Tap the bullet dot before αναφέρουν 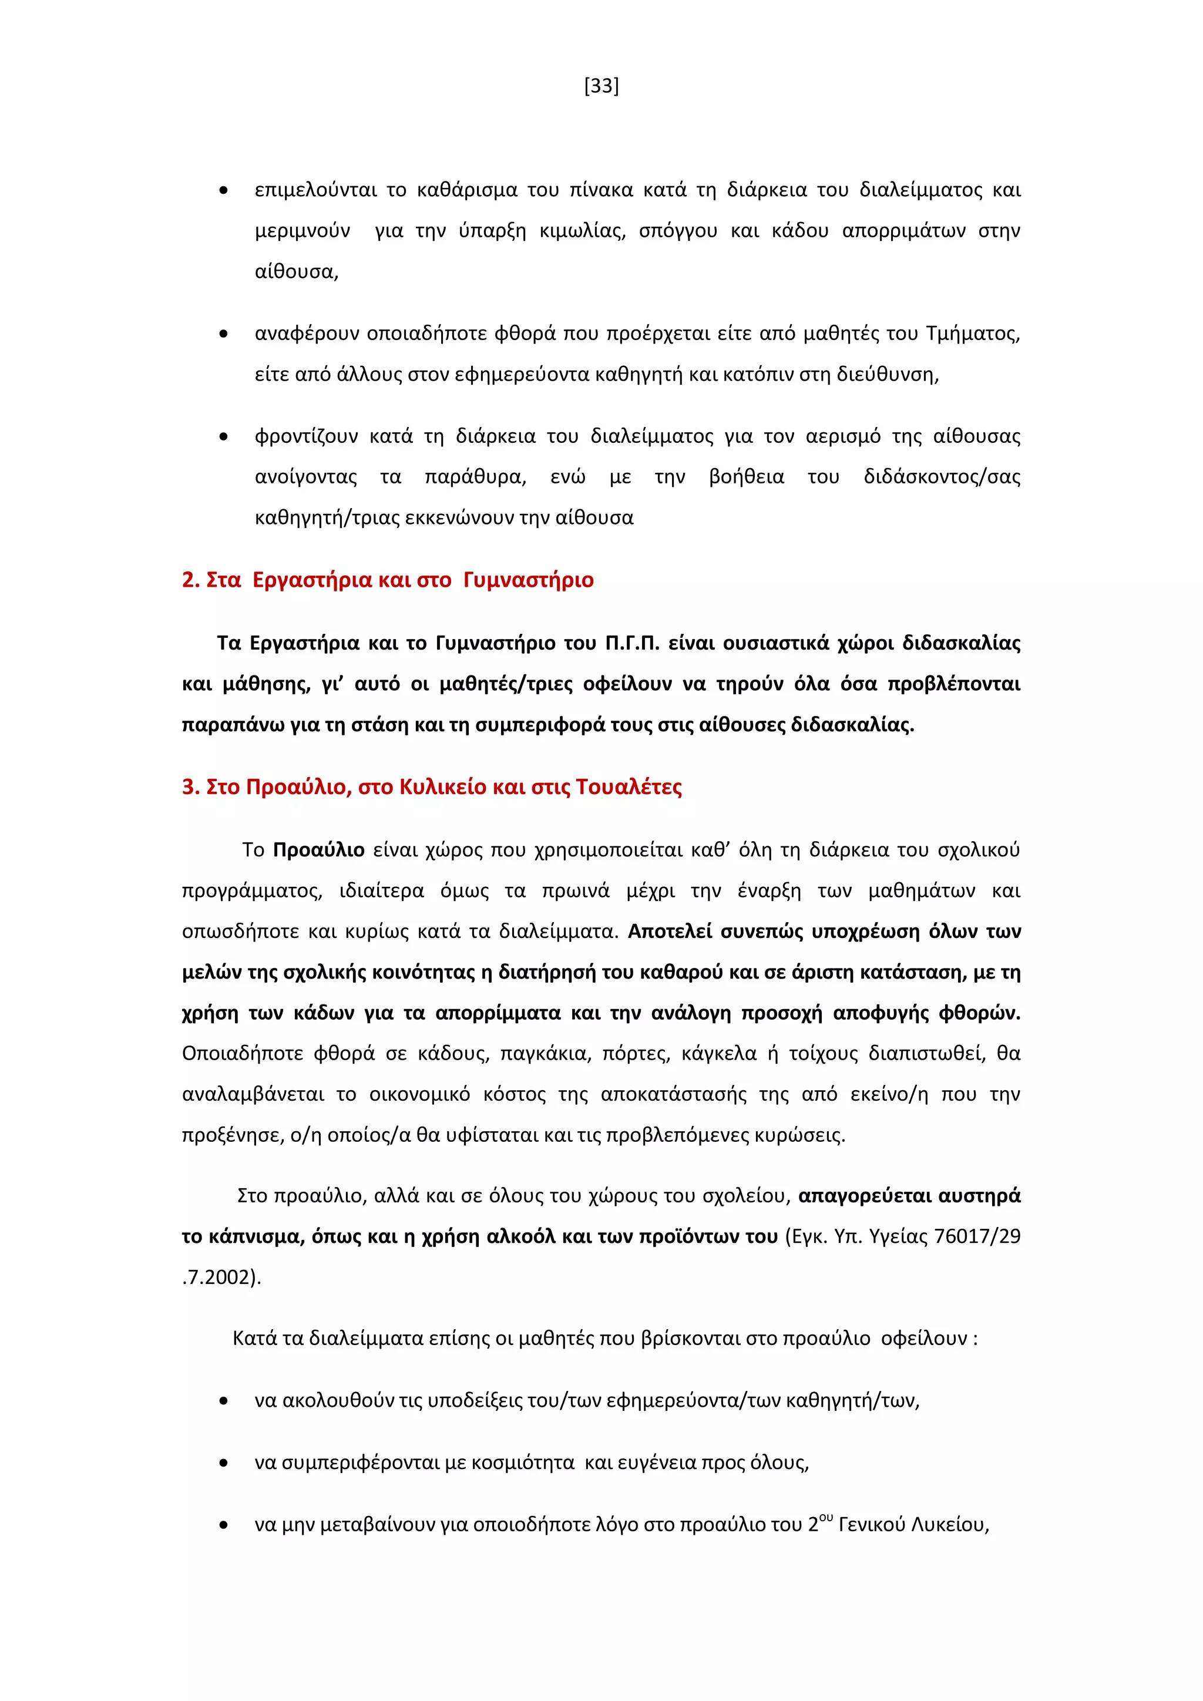tap(224, 334)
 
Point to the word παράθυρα tap(475, 477)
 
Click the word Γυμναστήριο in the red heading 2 tap(528, 580)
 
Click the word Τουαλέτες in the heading tap(628, 787)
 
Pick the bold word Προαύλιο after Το tap(318, 850)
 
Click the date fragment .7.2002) tap(221, 1278)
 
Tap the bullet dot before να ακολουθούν tap(224, 1401)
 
